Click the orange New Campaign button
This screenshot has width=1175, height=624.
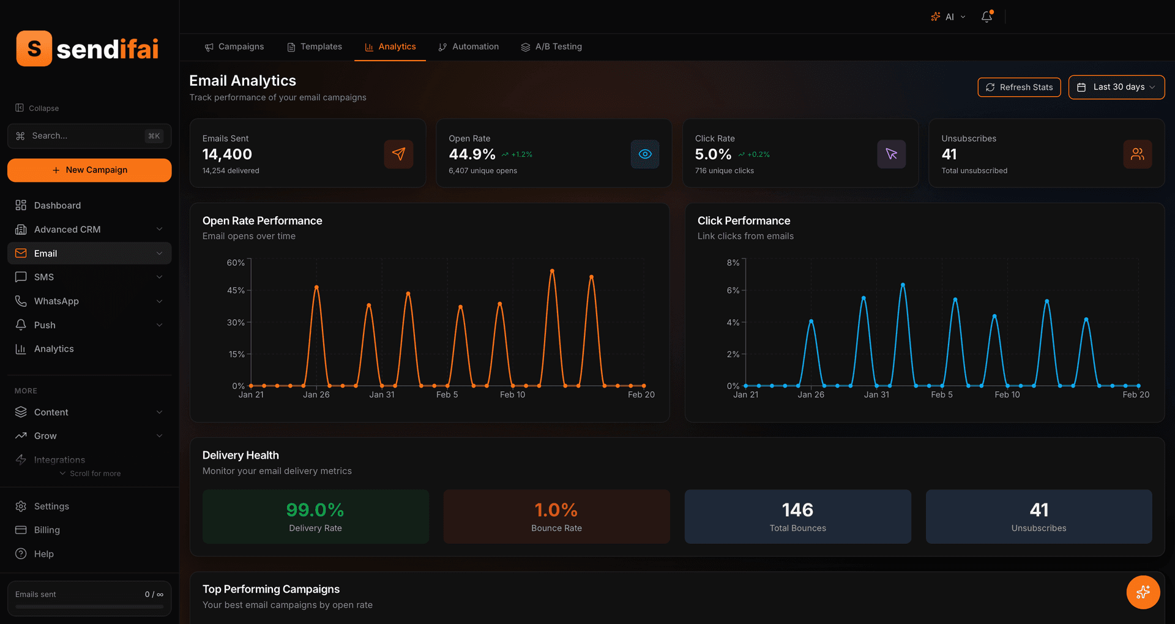(89, 170)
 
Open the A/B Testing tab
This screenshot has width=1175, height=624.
(551, 47)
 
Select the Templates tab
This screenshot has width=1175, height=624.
(315, 47)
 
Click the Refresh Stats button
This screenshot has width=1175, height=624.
(1019, 88)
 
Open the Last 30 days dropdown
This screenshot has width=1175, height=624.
(1116, 88)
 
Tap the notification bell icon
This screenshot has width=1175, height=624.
(987, 17)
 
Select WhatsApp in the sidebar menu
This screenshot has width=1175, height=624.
(56, 301)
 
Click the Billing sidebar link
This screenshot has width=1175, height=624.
(47, 530)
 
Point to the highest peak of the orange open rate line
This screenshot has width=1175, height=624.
(552, 271)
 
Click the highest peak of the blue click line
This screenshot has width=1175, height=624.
(903, 285)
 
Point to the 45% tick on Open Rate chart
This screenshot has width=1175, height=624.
(236, 290)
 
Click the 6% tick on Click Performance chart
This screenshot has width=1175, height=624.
(733, 290)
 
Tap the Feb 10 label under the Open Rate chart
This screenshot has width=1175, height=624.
(512, 395)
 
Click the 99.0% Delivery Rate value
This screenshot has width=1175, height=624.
(315, 509)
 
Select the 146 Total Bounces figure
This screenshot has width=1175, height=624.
(797, 509)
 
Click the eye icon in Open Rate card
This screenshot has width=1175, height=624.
(645, 154)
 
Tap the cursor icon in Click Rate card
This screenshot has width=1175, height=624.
(891, 154)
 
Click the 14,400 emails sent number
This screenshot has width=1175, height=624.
(227, 154)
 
